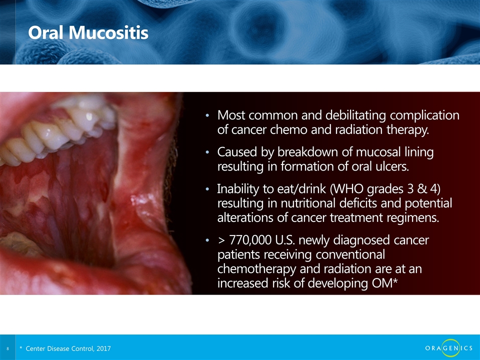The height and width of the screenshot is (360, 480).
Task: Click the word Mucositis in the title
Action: pyautogui.click(x=108, y=32)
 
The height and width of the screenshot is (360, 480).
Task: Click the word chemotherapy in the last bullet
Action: pyautogui.click(x=257, y=269)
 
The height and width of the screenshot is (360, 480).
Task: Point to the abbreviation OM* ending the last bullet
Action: pyautogui.click(x=384, y=283)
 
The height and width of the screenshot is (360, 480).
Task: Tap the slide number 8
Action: pyautogui.click(x=7, y=348)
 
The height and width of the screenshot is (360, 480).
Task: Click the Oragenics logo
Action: pyautogui.click(x=449, y=348)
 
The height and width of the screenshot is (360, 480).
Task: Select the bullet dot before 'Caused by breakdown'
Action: pyautogui.click(x=207, y=152)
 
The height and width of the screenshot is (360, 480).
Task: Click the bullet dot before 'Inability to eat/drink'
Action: pyautogui.click(x=207, y=189)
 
